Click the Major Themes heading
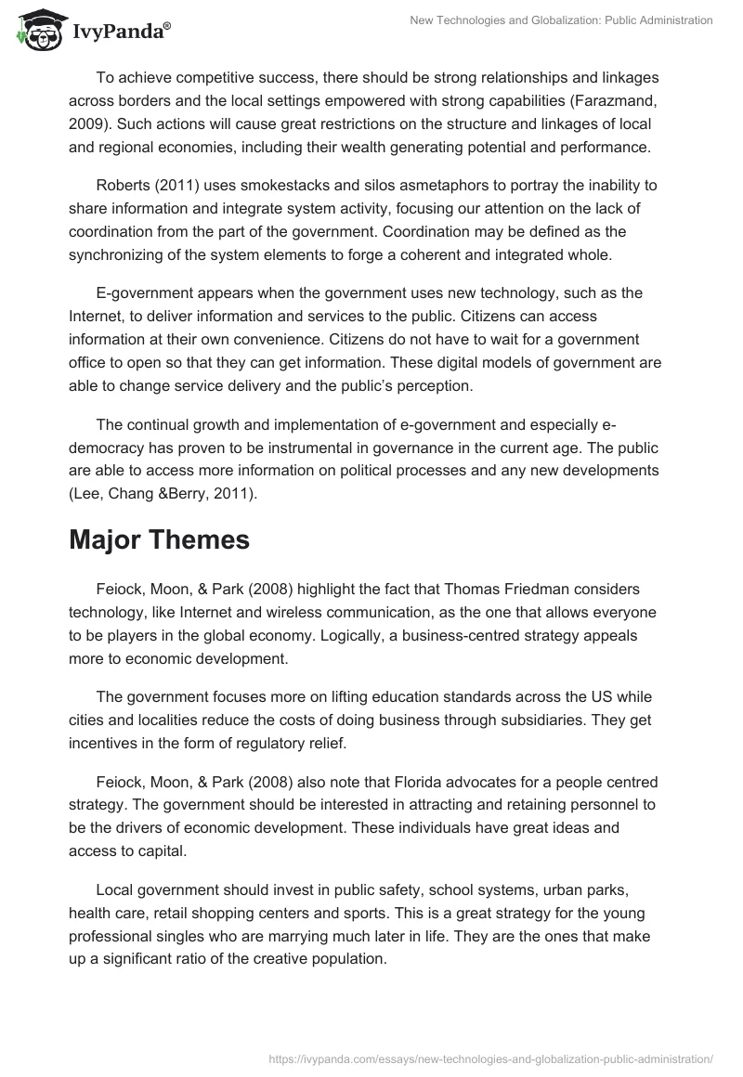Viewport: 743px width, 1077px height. coord(159,540)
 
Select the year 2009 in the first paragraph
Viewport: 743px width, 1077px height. coord(85,123)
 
